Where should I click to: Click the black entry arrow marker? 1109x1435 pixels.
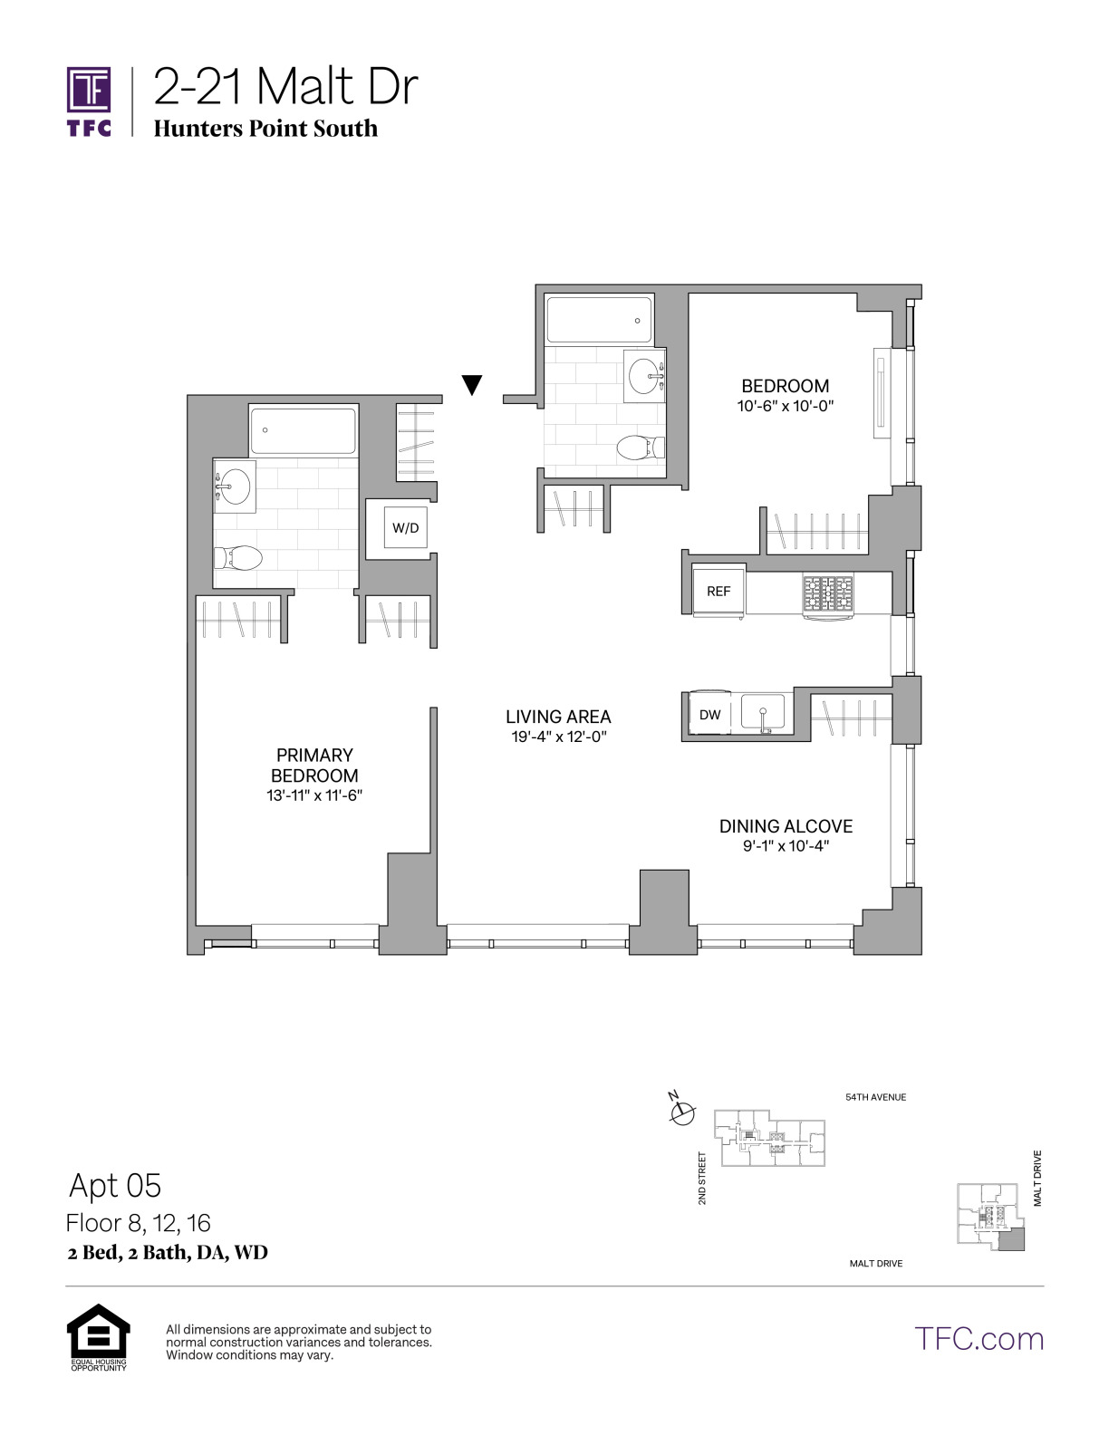(472, 385)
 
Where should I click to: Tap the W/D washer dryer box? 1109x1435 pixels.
(406, 527)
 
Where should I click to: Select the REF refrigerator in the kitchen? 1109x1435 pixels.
(718, 591)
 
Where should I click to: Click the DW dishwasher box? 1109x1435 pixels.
(710, 714)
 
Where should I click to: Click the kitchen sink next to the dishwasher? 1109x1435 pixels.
(763, 713)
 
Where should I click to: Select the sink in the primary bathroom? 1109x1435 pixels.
(233, 486)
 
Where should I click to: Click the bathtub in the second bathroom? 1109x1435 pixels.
(599, 321)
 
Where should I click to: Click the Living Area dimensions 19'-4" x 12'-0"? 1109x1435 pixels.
(559, 737)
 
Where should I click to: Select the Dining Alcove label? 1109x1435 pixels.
(786, 826)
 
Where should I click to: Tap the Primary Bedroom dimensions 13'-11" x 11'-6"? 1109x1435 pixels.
(314, 795)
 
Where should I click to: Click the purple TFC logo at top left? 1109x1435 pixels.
(89, 101)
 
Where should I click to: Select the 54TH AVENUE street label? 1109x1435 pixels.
(876, 1097)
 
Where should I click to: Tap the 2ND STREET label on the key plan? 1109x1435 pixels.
(702, 1178)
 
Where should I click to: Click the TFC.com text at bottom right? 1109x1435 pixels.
(979, 1339)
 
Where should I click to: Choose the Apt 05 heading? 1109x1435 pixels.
(115, 1185)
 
